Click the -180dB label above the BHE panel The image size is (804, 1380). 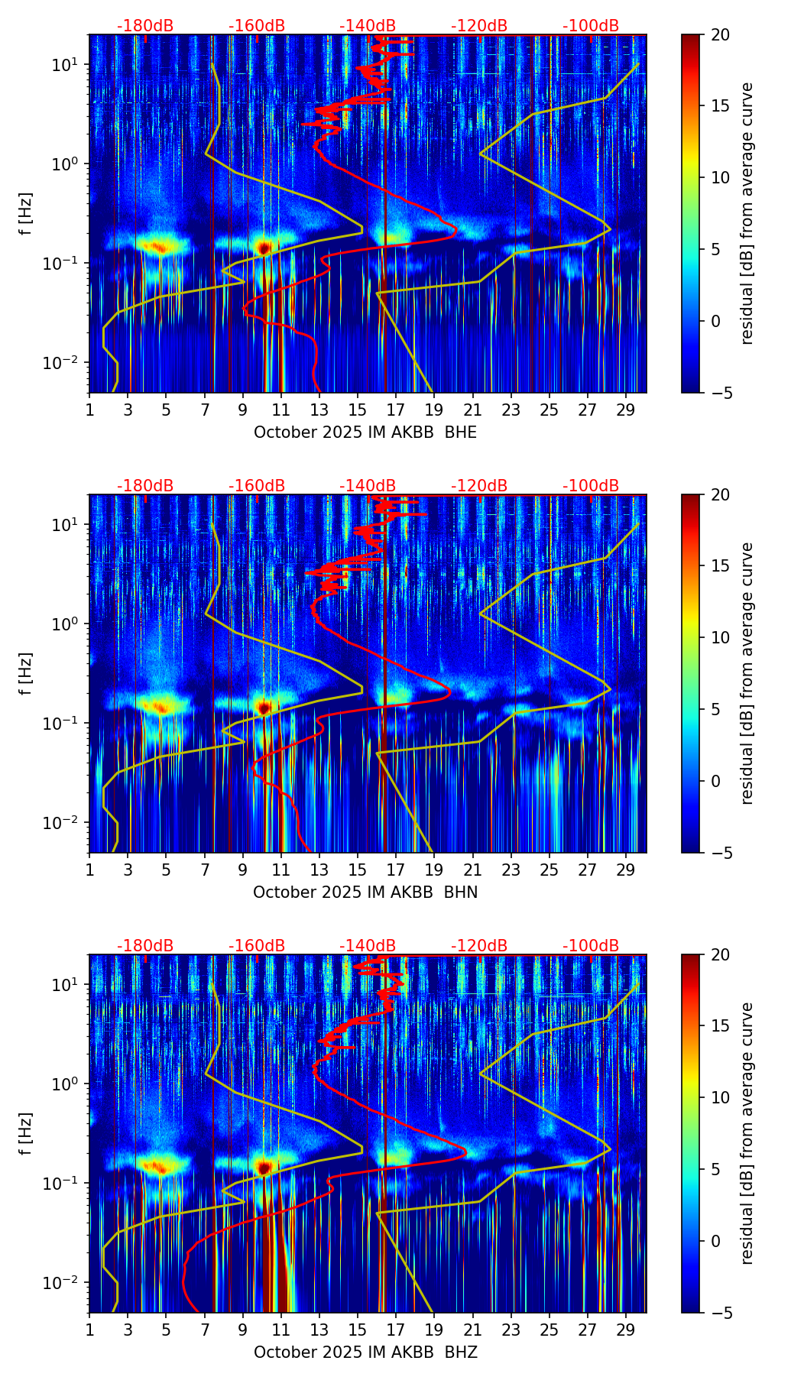(x=145, y=26)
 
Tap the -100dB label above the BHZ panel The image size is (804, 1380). (x=591, y=946)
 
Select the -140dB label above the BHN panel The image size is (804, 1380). (x=368, y=486)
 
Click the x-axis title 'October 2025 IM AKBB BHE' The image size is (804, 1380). (x=365, y=432)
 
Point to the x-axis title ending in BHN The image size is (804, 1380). (x=365, y=892)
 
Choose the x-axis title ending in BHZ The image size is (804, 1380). (x=365, y=1352)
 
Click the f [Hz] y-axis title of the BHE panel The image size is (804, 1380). (x=26, y=214)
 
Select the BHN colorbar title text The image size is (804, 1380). (x=747, y=673)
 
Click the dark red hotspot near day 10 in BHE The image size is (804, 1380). (x=264, y=248)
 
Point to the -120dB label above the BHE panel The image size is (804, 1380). (x=479, y=26)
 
